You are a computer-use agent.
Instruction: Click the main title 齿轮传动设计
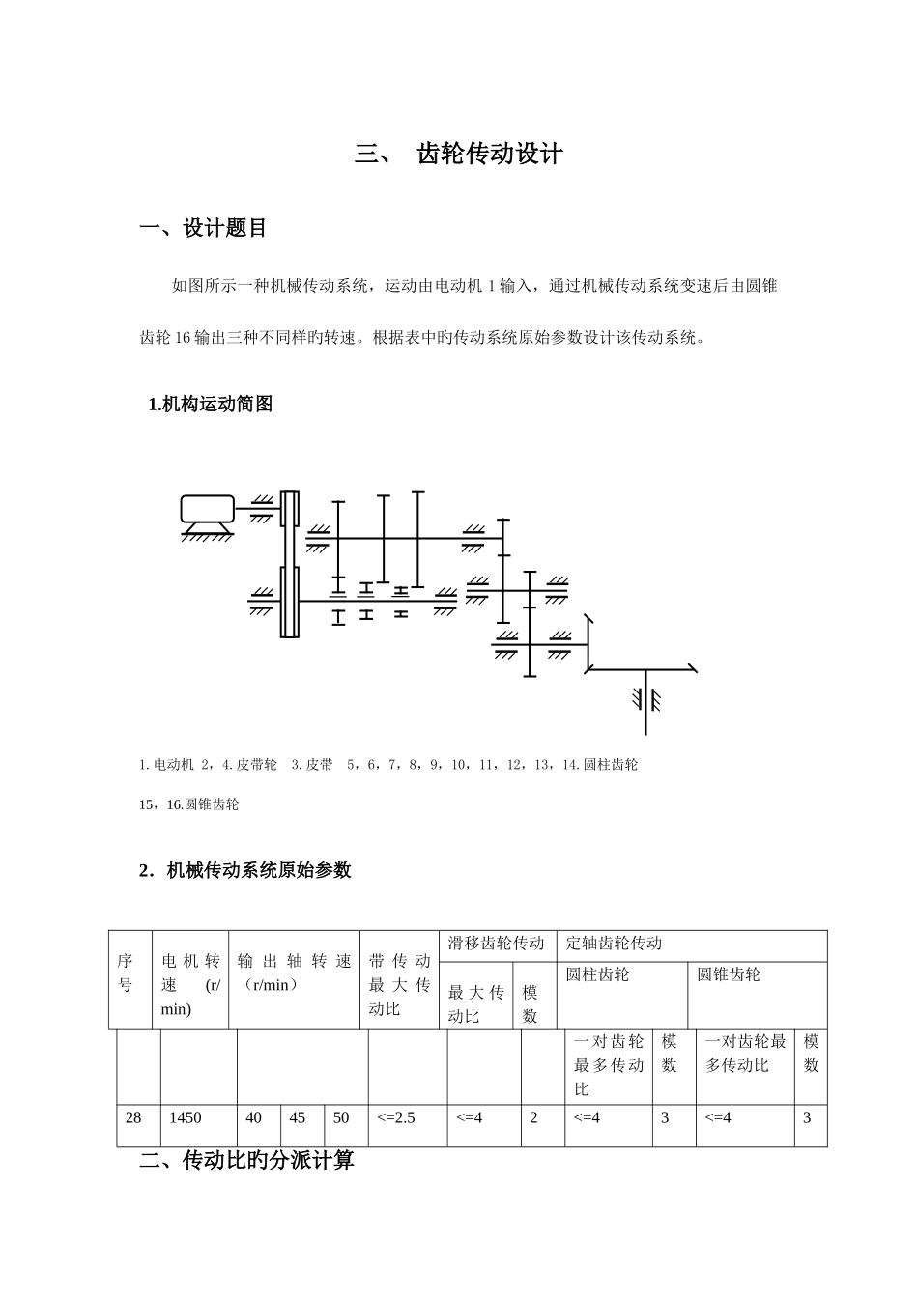[489, 154]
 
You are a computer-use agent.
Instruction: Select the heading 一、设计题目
[203, 228]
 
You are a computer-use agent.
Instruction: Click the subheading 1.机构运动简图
[210, 405]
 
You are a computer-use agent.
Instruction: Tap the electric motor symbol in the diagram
[207, 509]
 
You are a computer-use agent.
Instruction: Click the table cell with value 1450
[186, 1117]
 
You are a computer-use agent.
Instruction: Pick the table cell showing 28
[133, 1117]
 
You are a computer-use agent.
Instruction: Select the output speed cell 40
[254, 1117]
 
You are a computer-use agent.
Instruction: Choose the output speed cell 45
[298, 1117]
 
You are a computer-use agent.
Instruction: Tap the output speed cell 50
[341, 1117]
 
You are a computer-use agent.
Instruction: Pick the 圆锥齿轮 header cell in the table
[729, 975]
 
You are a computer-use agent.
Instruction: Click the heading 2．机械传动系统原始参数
[245, 870]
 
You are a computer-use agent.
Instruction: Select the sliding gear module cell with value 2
[533, 1117]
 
